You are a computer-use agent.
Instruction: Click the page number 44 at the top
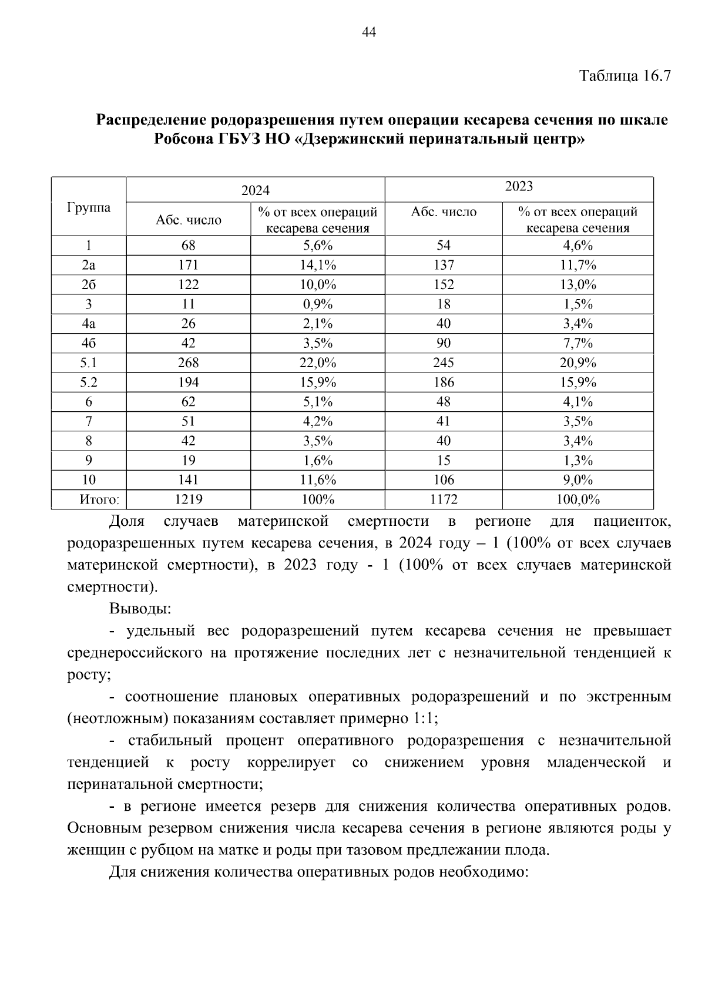point(369,32)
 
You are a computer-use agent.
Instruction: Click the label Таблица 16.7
point(625,76)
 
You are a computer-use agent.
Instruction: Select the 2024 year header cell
point(256,190)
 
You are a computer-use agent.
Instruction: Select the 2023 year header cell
point(519,187)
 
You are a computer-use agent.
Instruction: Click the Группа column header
point(89,207)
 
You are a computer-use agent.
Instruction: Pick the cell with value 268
point(188,362)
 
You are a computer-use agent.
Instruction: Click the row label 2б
point(89,284)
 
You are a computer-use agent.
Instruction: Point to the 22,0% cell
point(317,362)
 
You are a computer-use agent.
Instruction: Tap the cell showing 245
point(444,362)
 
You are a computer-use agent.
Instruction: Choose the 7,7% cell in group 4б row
point(578,343)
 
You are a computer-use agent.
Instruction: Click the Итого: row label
point(99,499)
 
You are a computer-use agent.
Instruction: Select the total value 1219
point(188,499)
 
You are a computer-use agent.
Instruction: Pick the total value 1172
point(444,499)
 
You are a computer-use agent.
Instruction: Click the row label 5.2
point(89,382)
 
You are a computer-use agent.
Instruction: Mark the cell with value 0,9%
point(317,304)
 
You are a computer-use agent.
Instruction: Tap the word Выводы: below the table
point(140,609)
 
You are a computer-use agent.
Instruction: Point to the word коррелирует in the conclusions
point(291,763)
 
